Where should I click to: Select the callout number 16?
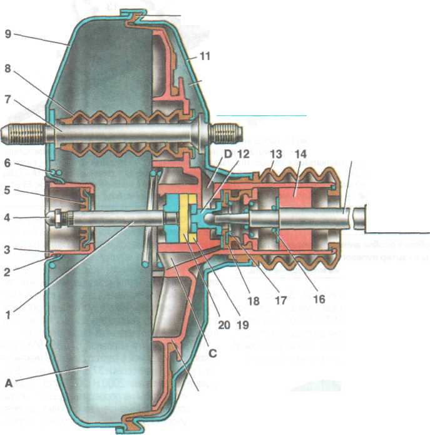point(320,299)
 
